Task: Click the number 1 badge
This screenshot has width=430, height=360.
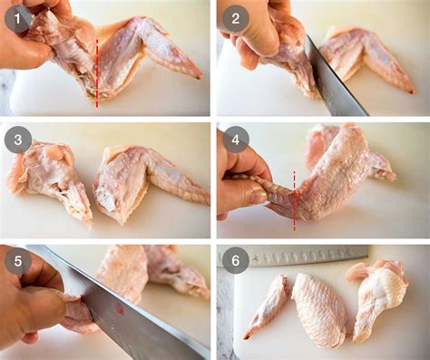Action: [18, 18]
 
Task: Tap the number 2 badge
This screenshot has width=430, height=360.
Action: [235, 18]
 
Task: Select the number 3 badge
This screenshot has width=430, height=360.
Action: [18, 140]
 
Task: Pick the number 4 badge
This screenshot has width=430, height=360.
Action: [235, 140]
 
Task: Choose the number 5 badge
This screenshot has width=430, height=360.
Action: [18, 260]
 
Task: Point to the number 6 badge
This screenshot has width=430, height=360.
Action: [235, 260]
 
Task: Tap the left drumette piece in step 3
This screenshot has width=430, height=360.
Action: [50, 177]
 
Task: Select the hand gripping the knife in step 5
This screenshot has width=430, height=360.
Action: [32, 304]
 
